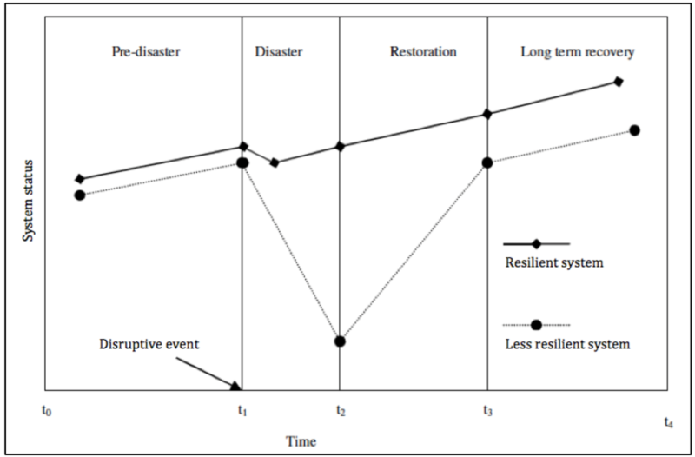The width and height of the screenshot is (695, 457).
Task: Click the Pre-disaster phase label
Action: click(x=146, y=51)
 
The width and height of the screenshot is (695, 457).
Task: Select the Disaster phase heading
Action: click(x=279, y=51)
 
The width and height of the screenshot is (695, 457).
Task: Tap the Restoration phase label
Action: click(x=423, y=51)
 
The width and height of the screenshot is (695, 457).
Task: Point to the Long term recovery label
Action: click(x=578, y=52)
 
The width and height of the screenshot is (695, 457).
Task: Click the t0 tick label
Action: click(x=47, y=411)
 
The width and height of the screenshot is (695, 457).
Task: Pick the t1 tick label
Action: click(x=242, y=411)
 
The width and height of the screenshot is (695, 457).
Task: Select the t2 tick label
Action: click(x=340, y=411)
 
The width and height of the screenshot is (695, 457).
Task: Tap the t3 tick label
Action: click(x=487, y=411)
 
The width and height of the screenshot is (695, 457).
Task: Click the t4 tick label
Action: click(x=668, y=422)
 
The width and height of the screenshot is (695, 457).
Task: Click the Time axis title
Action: click(x=301, y=441)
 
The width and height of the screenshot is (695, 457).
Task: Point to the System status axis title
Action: click(x=28, y=201)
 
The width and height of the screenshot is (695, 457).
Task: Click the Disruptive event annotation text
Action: click(x=149, y=344)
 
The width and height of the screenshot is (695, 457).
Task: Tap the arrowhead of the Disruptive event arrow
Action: click(x=236, y=387)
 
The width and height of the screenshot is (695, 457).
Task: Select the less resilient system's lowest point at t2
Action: click(x=340, y=341)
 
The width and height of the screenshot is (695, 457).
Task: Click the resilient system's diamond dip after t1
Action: click(x=275, y=162)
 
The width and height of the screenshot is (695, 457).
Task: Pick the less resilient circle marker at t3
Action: click(x=487, y=162)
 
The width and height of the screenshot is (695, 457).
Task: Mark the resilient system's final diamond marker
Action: click(x=619, y=82)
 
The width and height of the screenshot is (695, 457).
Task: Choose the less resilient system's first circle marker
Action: click(x=80, y=195)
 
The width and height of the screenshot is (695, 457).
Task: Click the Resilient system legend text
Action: click(x=554, y=262)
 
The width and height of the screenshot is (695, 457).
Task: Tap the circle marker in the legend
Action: click(x=536, y=325)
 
